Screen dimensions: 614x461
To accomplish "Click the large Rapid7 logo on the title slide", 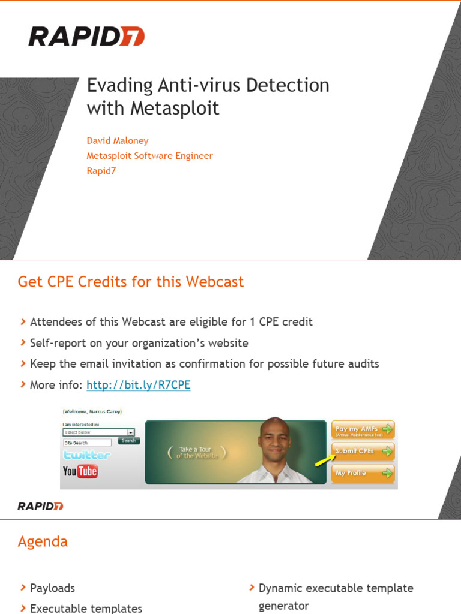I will coord(86,37).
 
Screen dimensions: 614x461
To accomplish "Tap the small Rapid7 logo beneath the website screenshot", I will coord(40,506).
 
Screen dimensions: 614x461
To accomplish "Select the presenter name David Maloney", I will coord(118,140).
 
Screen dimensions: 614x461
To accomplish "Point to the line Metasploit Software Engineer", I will coord(149,156).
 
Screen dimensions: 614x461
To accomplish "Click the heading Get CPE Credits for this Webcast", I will coord(131,282).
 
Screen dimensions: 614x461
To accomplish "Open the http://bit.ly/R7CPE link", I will coord(138,385).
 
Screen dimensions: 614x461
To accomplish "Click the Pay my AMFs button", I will coord(363,429).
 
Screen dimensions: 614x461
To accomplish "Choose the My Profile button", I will coord(363,473).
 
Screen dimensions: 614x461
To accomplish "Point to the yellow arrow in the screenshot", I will coord(325,459).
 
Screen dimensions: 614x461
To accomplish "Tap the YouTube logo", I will coord(80,471).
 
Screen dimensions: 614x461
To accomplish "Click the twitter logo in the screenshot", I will coord(86,455).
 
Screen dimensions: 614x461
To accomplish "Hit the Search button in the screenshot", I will coord(128,441).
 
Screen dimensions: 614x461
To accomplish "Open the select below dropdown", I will coord(98,432).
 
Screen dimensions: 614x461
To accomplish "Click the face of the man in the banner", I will coord(274,439).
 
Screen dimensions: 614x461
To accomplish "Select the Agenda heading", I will coord(43,542).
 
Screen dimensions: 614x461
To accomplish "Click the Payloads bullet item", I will coord(52,588).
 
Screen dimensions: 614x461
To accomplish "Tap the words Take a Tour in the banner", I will coord(196,449).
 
